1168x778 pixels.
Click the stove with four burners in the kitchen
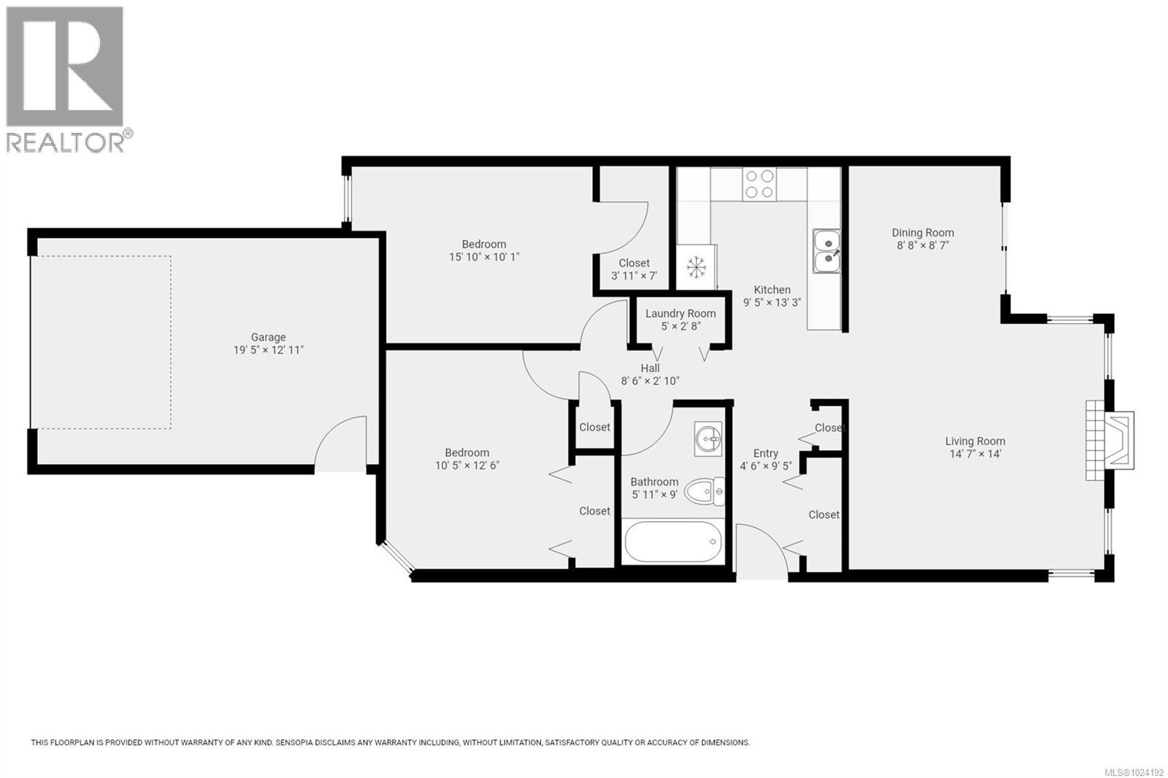(758, 184)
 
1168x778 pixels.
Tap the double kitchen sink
(827, 250)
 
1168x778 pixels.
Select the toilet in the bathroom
(705, 491)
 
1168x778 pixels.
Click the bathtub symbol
(673, 542)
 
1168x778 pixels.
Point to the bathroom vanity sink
(708, 439)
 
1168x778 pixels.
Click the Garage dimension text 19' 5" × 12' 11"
(267, 350)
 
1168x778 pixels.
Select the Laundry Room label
(680, 314)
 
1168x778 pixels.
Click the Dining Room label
(923, 233)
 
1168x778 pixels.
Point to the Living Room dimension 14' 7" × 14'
(975, 454)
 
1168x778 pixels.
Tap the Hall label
(650, 369)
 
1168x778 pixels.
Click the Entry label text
(766, 453)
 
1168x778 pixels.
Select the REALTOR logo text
(66, 142)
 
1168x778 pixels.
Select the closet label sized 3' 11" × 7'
(634, 276)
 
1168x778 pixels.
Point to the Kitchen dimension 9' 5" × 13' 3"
(772, 303)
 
